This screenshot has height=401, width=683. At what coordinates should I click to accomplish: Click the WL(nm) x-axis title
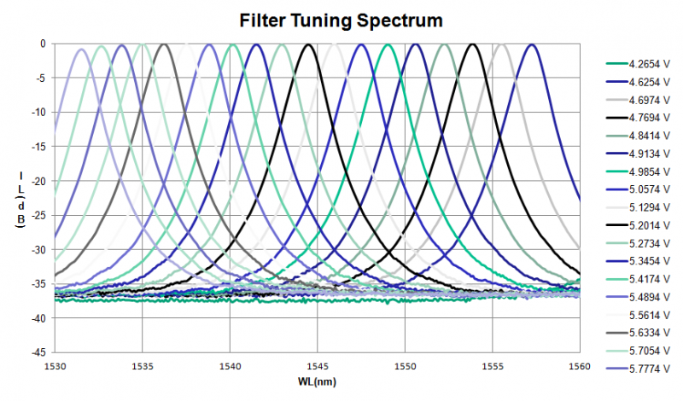tap(317, 379)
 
